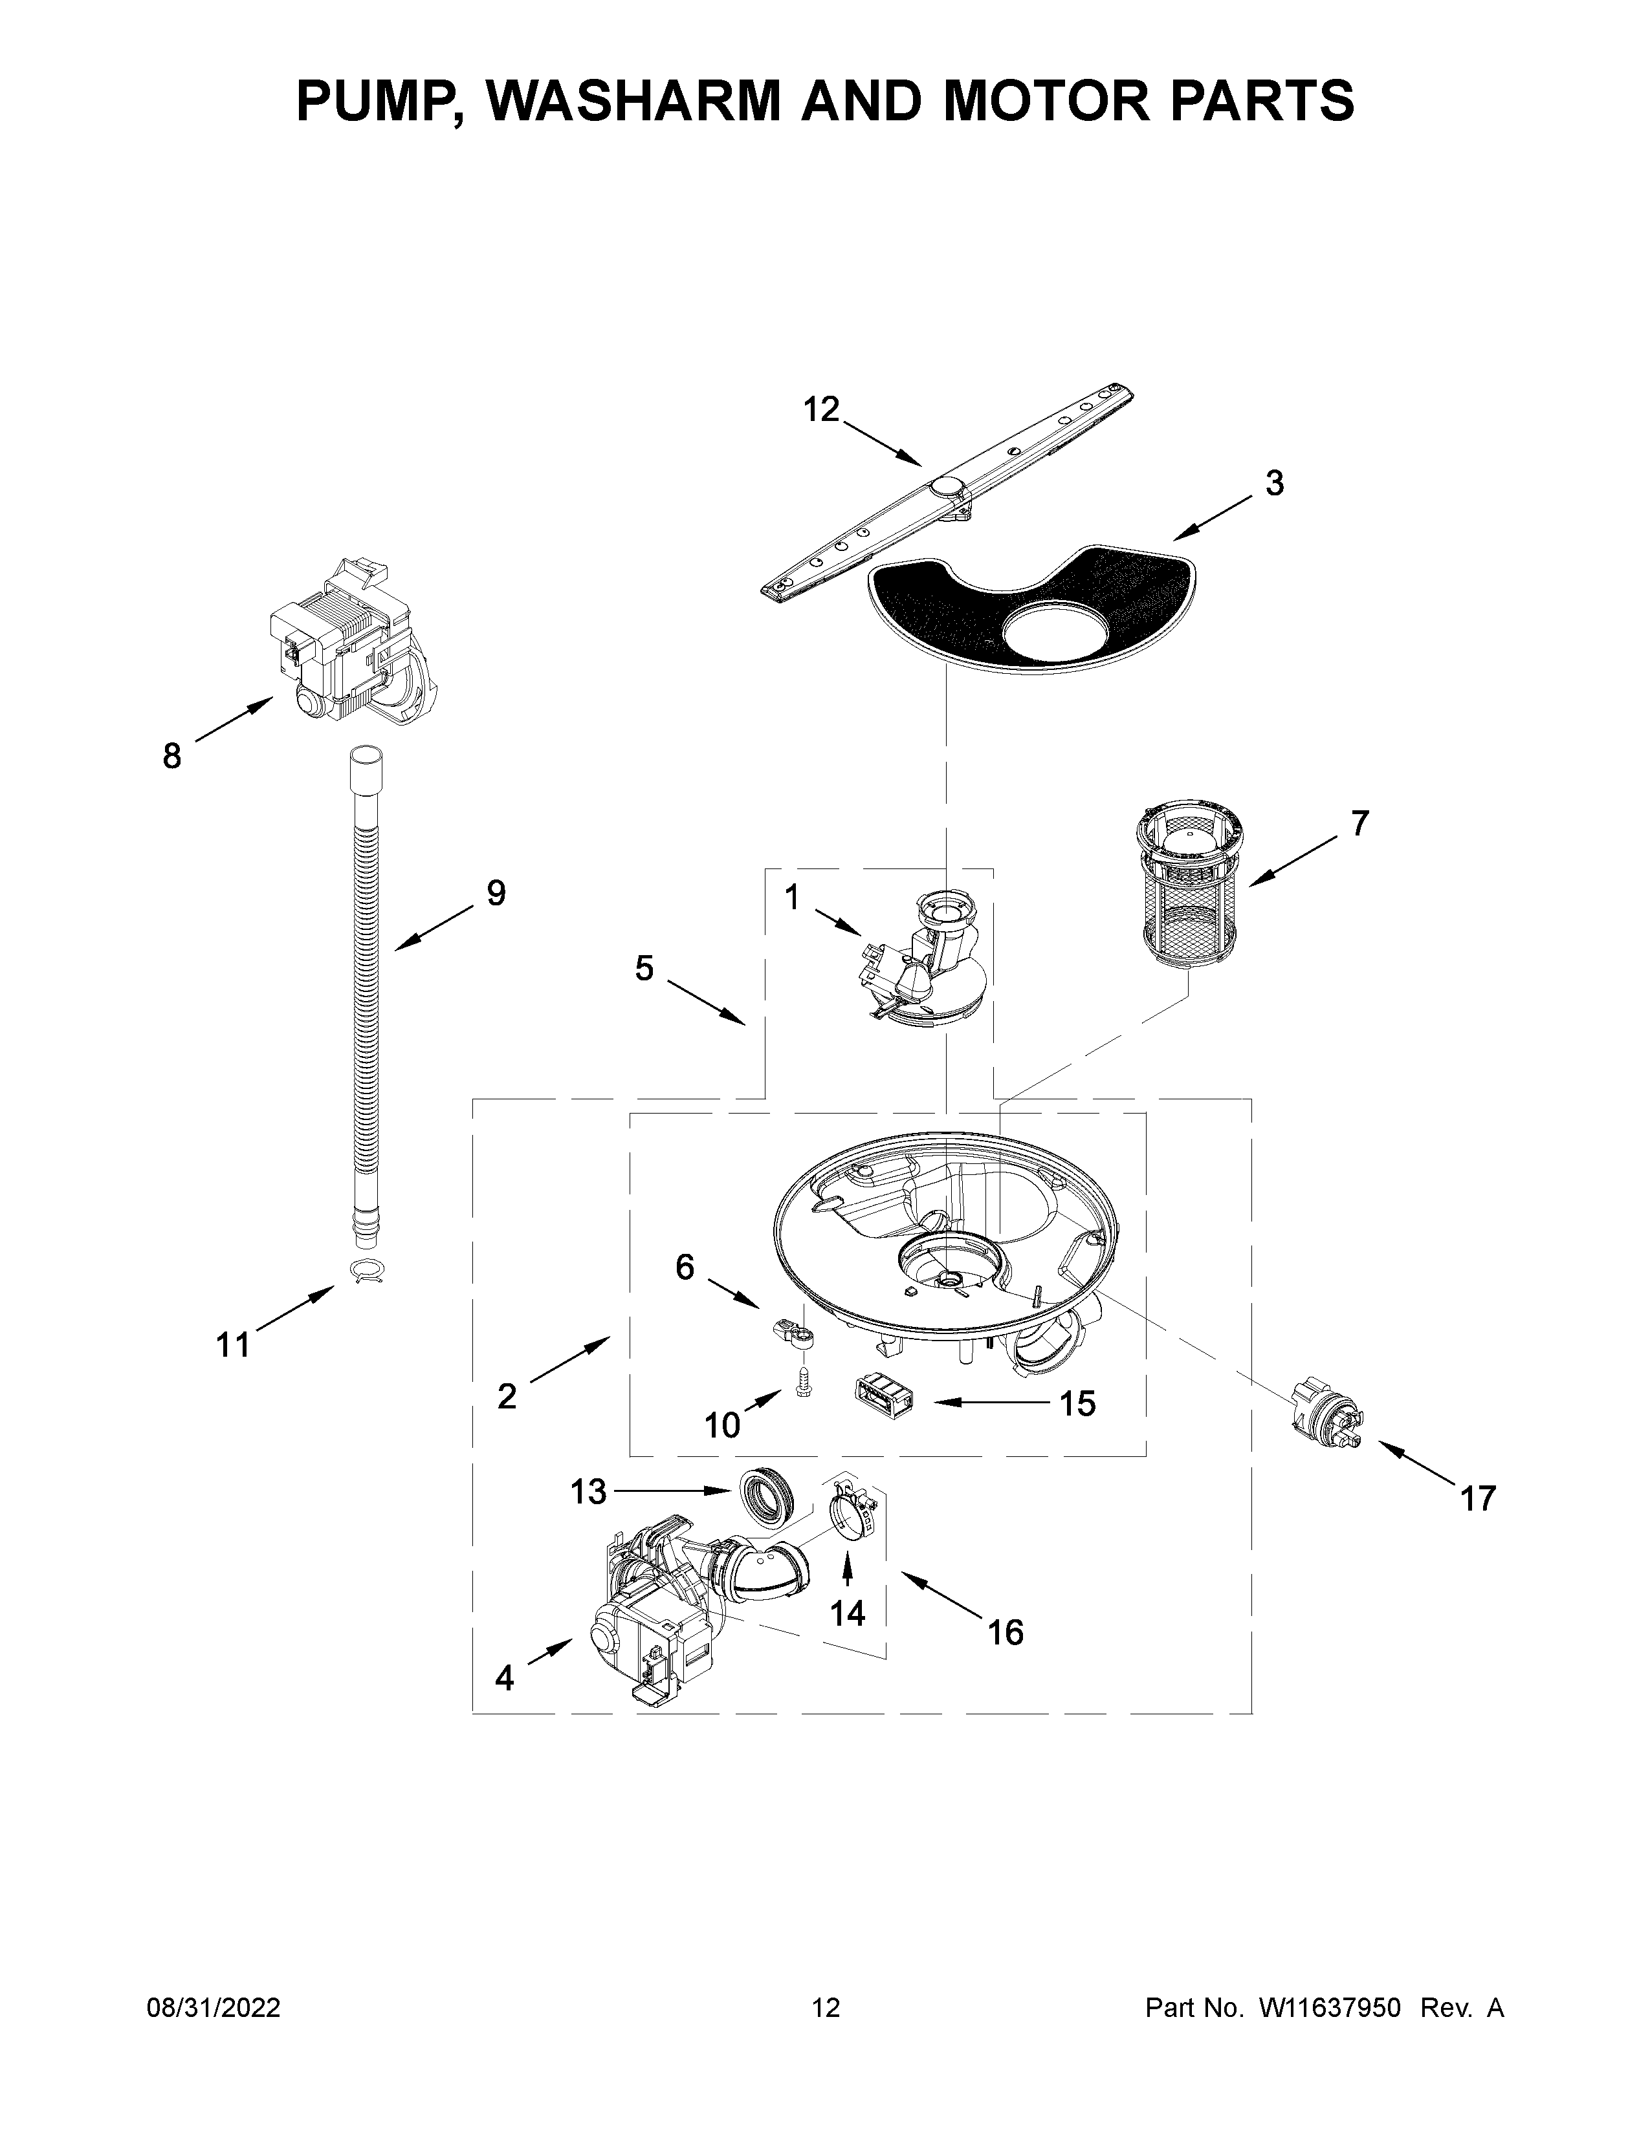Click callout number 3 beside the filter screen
point(1273,484)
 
